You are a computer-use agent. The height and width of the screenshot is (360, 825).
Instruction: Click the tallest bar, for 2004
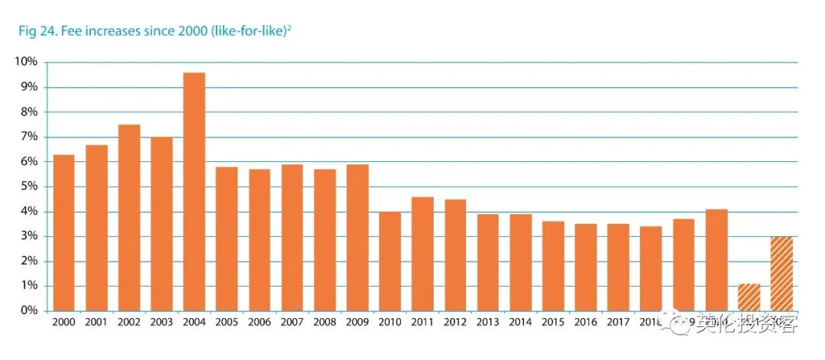pos(194,191)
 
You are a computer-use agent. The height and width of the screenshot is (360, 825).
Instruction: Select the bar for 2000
pos(63,232)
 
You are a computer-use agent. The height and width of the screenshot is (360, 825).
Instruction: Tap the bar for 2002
pos(128,217)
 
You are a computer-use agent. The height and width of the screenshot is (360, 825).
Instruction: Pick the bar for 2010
pos(390,261)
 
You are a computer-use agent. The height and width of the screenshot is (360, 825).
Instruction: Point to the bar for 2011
pos(422,253)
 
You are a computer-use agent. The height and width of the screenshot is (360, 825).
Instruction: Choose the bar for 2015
pos(553,265)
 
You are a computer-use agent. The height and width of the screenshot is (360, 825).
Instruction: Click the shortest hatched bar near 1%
pos(749,297)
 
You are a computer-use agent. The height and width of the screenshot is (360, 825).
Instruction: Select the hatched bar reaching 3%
pos(781,273)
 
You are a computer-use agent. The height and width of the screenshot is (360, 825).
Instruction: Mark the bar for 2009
pos(357,237)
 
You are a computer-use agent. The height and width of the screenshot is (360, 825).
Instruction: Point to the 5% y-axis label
pos(28,186)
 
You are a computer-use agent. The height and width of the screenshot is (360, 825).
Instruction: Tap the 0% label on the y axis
pos(28,311)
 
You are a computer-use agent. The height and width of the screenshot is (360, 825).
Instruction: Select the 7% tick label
pos(28,137)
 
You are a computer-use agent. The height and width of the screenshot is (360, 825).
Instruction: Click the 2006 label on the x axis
pos(260,323)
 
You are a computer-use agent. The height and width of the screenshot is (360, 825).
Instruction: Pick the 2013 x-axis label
pos(488,323)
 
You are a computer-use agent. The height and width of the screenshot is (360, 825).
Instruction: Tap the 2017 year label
pos(618,323)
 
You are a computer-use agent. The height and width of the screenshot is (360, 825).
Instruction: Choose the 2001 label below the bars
pos(96,323)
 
